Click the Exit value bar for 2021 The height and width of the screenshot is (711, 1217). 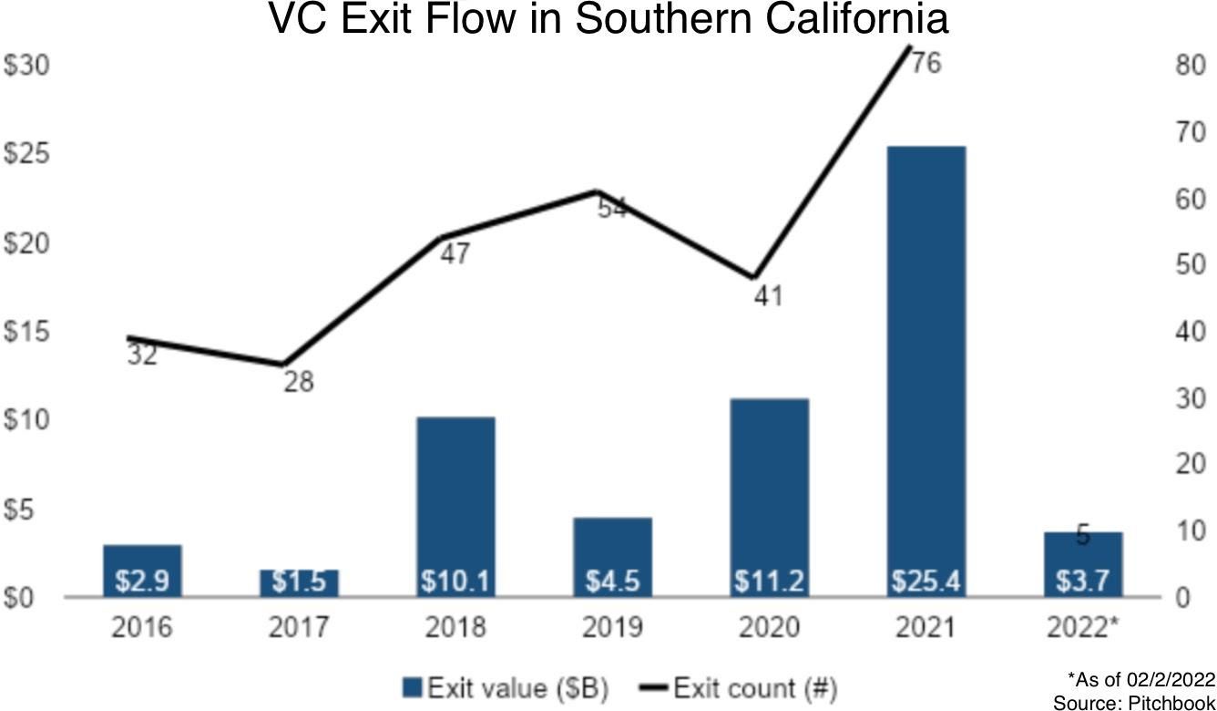[926, 365]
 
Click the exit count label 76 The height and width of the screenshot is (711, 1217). [926, 65]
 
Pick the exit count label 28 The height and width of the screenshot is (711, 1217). [297, 381]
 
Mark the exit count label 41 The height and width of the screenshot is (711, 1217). [767, 296]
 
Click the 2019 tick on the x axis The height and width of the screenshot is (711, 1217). [612, 627]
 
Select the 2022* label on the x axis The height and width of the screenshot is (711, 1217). [1083, 627]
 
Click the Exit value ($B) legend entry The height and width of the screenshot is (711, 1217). [506, 687]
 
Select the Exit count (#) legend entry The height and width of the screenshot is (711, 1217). [742, 687]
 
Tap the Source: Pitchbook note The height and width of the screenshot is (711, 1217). [1133, 703]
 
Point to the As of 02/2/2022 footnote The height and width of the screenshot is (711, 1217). [1140, 679]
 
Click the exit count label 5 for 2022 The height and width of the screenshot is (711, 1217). [1082, 537]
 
